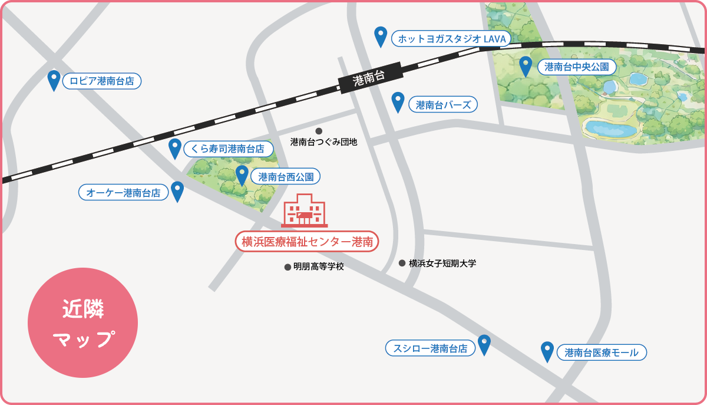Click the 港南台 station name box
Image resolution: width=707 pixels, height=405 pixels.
(x=370, y=78)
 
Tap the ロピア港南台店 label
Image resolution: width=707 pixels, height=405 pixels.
(x=102, y=81)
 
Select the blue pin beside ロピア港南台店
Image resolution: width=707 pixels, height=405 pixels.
(x=54, y=80)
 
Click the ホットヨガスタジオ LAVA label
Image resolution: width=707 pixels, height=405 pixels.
(x=451, y=39)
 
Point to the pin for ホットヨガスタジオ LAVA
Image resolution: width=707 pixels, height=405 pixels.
(x=381, y=36)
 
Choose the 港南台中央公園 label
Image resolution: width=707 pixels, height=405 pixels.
(x=577, y=67)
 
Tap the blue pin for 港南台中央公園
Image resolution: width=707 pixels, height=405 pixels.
(x=525, y=65)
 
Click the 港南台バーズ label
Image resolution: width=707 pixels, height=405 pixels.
(x=443, y=105)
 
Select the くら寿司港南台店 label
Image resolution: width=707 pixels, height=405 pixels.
(x=230, y=149)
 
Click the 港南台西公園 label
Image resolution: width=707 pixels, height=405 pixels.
(x=286, y=176)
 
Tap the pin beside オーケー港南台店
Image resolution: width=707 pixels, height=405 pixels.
(x=177, y=190)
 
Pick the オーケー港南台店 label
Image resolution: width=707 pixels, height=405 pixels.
(x=123, y=192)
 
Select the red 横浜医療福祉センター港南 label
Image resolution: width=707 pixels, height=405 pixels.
(x=306, y=241)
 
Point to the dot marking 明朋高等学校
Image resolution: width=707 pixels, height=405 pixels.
(x=288, y=267)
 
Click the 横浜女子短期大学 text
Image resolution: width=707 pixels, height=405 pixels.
(x=442, y=264)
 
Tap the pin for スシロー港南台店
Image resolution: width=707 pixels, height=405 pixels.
(x=484, y=344)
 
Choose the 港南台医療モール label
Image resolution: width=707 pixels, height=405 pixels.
(x=601, y=353)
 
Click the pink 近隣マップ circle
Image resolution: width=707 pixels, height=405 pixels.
(x=82, y=322)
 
